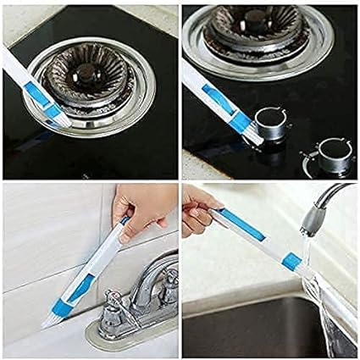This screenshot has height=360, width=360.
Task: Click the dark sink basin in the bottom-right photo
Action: coord(254,326)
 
